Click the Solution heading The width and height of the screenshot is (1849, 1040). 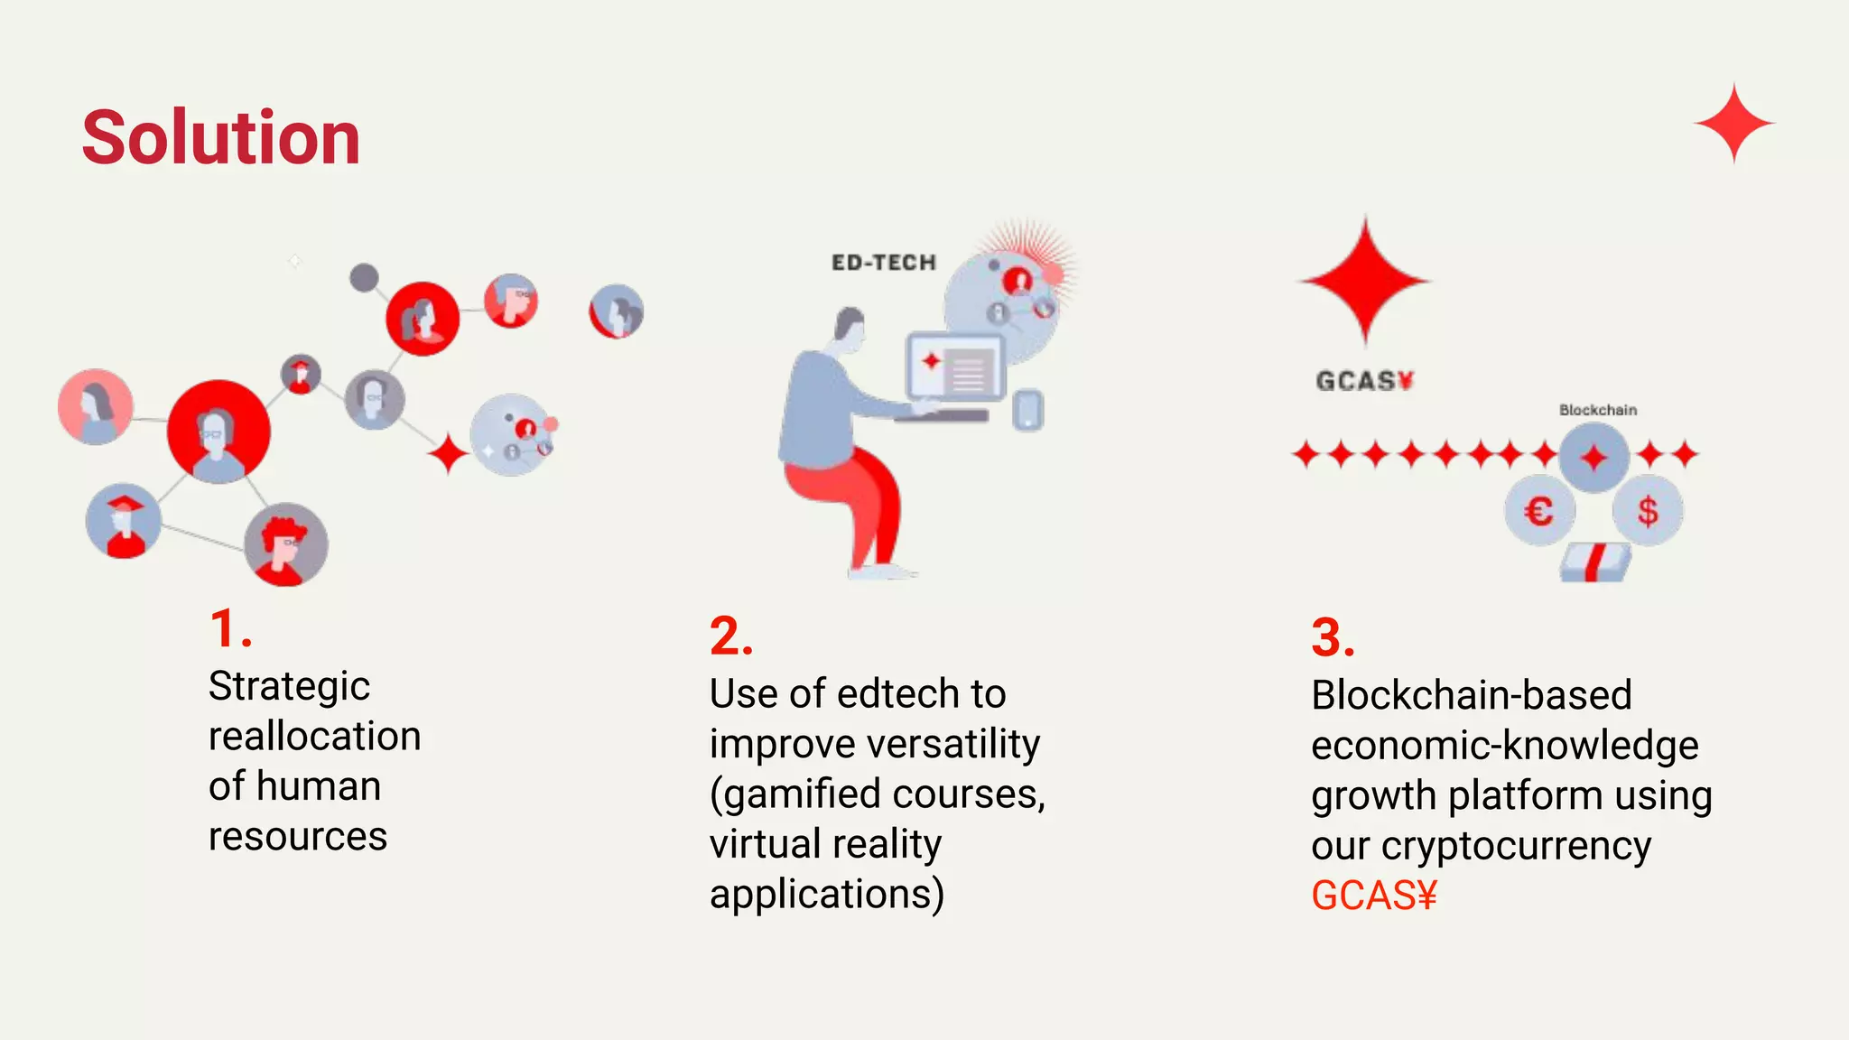click(x=221, y=137)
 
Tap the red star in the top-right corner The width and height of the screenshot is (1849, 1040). click(x=1733, y=123)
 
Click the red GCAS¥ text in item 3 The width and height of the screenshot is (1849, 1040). click(x=1373, y=896)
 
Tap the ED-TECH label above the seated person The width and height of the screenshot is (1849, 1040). click(x=884, y=263)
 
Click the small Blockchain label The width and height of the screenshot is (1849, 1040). click(x=1597, y=410)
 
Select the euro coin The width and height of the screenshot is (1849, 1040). click(x=1539, y=512)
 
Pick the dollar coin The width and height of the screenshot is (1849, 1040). click(x=1648, y=512)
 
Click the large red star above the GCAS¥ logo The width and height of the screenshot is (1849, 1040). click(x=1365, y=280)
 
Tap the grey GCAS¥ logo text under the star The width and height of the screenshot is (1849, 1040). click(x=1364, y=381)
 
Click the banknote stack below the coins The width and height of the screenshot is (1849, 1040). click(x=1595, y=562)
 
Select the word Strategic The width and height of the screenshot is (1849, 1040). click(x=289, y=687)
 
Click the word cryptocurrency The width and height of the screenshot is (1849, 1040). click(x=1517, y=846)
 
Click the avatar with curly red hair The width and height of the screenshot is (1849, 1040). click(x=285, y=544)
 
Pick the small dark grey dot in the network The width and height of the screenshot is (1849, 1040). click(x=364, y=277)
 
